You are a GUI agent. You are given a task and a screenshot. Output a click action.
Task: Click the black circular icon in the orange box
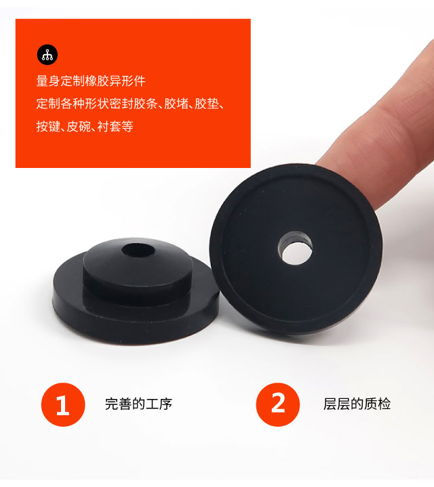click(47, 55)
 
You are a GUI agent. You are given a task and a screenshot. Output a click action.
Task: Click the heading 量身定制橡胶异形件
click(91, 81)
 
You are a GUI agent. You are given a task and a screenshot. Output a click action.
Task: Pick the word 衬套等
click(115, 127)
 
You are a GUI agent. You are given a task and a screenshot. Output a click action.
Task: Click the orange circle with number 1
click(63, 404)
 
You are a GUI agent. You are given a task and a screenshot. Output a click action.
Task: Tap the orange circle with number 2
click(278, 404)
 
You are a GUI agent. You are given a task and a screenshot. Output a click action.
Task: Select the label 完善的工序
click(138, 404)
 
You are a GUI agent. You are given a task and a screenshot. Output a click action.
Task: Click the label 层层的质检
click(357, 404)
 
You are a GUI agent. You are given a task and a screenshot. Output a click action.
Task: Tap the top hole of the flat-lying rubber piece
click(138, 251)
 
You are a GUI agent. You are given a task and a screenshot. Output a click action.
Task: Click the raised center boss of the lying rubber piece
click(138, 267)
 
